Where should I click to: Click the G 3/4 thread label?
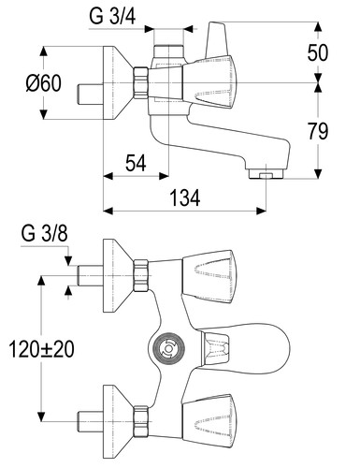(x=112, y=17)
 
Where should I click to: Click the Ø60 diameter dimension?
(x=44, y=83)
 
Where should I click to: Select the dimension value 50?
(x=318, y=52)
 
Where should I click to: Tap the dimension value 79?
(x=318, y=131)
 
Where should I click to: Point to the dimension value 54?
(x=136, y=163)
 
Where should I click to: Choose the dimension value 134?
(x=185, y=197)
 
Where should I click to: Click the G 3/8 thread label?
(x=45, y=233)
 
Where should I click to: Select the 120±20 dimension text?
(x=41, y=349)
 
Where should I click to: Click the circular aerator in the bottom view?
(x=167, y=348)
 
